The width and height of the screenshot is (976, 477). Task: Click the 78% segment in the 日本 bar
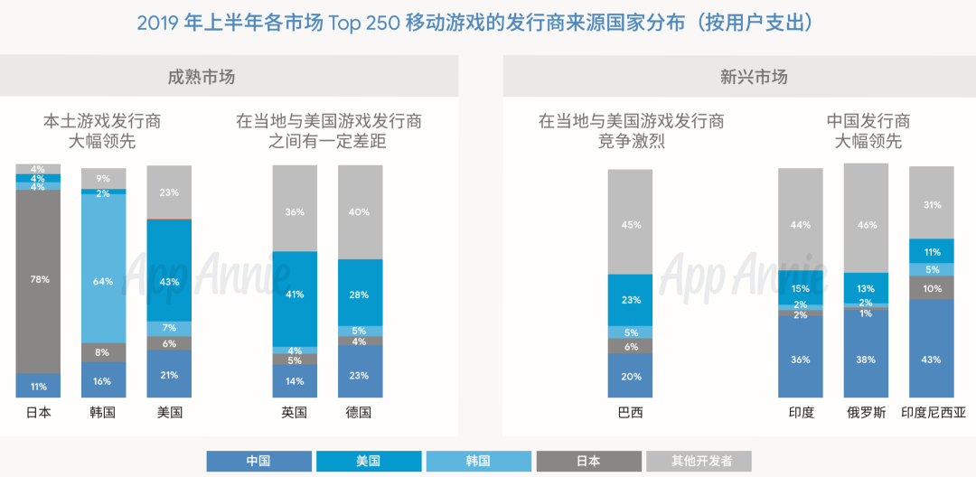[38, 280]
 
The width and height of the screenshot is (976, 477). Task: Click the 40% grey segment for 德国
[360, 212]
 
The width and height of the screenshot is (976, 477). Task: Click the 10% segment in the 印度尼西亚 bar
[932, 288]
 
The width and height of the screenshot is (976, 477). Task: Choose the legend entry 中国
[258, 461]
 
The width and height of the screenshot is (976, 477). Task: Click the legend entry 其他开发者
[700, 461]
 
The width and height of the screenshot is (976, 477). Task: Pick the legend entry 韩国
[478, 461]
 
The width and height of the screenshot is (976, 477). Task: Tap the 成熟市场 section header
[202, 77]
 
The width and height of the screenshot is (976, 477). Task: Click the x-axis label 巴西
[630, 413]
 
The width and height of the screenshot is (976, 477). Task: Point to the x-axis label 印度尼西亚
[933, 413]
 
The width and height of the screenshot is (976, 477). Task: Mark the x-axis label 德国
[360, 413]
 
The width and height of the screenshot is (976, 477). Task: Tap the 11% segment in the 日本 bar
[38, 386]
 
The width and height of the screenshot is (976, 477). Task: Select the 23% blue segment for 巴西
[630, 300]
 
